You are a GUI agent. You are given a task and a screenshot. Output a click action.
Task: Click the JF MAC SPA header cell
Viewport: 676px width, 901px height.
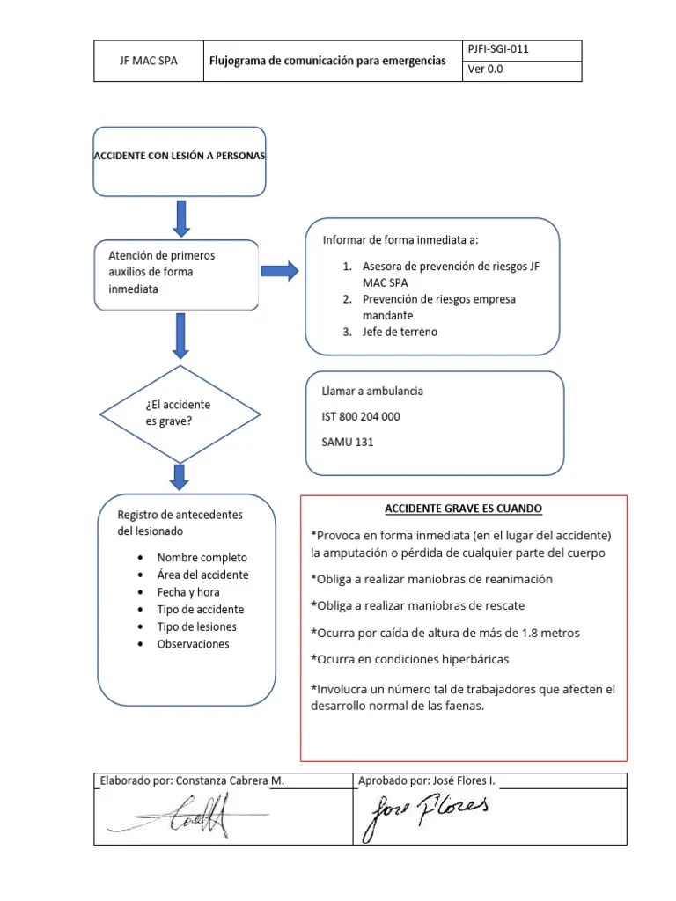click(x=148, y=61)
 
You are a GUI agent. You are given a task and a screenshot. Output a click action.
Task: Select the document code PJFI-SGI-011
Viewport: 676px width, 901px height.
click(x=499, y=50)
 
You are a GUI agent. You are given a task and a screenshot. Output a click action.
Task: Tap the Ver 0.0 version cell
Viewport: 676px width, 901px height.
click(x=486, y=70)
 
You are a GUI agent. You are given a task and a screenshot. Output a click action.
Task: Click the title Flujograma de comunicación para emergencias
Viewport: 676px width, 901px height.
click(x=327, y=61)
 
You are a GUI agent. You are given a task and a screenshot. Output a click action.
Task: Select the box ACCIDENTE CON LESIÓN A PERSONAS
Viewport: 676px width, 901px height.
click(x=179, y=156)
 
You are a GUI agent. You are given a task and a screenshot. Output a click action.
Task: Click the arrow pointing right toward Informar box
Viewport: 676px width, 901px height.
click(x=281, y=271)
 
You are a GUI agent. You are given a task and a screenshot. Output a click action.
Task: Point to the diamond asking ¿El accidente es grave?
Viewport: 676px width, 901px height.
click(x=179, y=414)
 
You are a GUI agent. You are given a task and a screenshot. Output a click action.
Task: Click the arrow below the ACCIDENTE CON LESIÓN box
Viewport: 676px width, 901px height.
click(x=180, y=217)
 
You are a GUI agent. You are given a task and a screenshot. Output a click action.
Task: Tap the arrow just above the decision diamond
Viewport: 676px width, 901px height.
click(x=180, y=335)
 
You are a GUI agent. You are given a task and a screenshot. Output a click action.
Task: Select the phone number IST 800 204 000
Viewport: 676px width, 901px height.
click(x=361, y=416)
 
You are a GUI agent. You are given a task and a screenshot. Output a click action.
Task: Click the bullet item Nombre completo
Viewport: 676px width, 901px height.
click(x=202, y=557)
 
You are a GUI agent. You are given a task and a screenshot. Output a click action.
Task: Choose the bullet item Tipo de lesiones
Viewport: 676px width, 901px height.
click(x=196, y=626)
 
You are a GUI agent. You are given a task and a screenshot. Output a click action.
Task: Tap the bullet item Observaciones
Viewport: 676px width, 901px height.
click(x=193, y=644)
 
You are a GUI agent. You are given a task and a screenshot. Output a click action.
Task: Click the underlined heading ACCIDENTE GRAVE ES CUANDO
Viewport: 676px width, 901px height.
click(x=463, y=509)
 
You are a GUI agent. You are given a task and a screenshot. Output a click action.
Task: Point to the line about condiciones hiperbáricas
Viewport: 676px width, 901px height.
click(x=409, y=659)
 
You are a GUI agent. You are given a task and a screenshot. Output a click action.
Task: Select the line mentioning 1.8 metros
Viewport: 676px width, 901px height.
click(x=445, y=633)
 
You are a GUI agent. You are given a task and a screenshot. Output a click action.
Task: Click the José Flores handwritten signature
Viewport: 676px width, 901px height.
click(x=425, y=814)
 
